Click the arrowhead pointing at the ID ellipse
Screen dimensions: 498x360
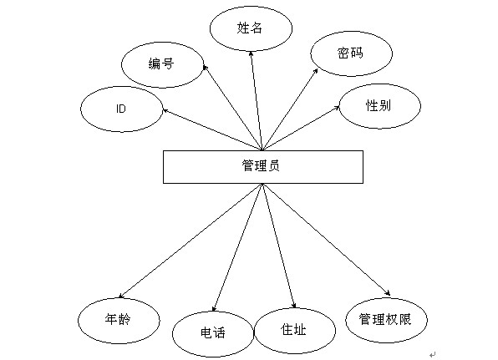tap(165, 111)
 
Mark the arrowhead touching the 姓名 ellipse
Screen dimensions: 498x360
tap(251, 54)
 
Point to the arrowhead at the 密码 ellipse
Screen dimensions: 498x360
tap(315, 72)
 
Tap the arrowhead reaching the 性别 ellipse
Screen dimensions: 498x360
tap(337, 108)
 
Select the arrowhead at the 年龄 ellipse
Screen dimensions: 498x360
tap(121, 296)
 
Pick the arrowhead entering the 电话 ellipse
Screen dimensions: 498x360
tap(214, 308)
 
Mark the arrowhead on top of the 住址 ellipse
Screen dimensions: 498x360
tap(294, 306)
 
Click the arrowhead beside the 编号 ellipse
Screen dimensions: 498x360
tap(205, 68)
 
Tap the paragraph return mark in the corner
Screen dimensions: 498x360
tap(432, 354)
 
